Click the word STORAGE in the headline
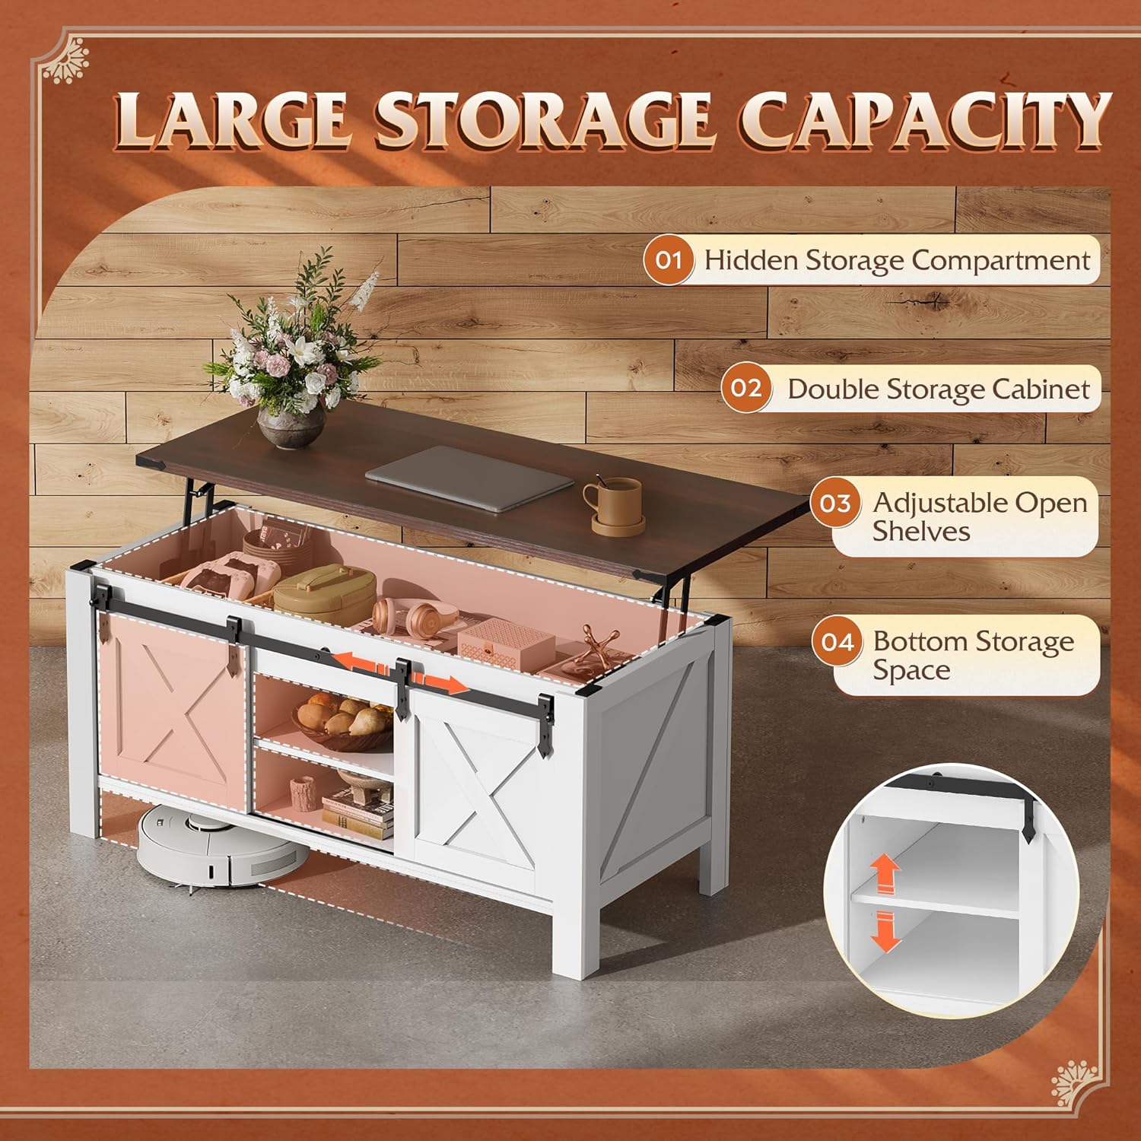coord(543,119)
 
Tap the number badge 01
coord(669,260)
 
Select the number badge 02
coord(746,388)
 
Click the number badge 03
coord(835,503)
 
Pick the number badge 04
coord(837,642)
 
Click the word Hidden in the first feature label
coord(751,260)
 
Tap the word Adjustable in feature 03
coord(940,503)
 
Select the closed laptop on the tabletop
coord(470,478)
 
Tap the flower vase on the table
coord(291,427)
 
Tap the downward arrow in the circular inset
coord(885,932)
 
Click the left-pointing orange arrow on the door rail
coord(358,662)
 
